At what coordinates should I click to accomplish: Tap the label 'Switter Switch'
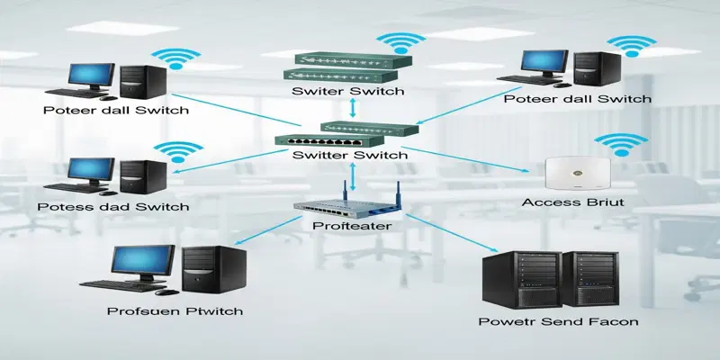(351, 155)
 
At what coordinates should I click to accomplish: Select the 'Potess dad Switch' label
(113, 207)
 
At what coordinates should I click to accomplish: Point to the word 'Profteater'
(349, 226)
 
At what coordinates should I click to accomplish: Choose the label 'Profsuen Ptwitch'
(174, 311)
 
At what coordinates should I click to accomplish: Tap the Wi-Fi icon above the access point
(618, 144)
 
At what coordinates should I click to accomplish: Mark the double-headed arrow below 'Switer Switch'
(353, 109)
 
